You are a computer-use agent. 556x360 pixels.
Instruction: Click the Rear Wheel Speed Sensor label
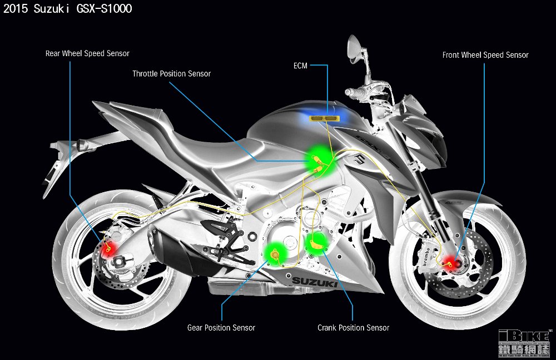87,54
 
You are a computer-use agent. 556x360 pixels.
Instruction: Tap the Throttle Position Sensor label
171,73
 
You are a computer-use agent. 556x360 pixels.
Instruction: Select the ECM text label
300,66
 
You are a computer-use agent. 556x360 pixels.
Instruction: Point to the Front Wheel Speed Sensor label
485,55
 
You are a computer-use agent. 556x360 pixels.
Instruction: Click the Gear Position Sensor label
221,328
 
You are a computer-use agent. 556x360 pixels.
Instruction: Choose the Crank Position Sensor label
353,328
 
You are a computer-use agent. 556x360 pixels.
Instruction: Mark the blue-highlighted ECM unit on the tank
325,118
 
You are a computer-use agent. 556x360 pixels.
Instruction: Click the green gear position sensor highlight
275,254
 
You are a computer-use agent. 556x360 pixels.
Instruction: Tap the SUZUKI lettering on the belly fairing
315,283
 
